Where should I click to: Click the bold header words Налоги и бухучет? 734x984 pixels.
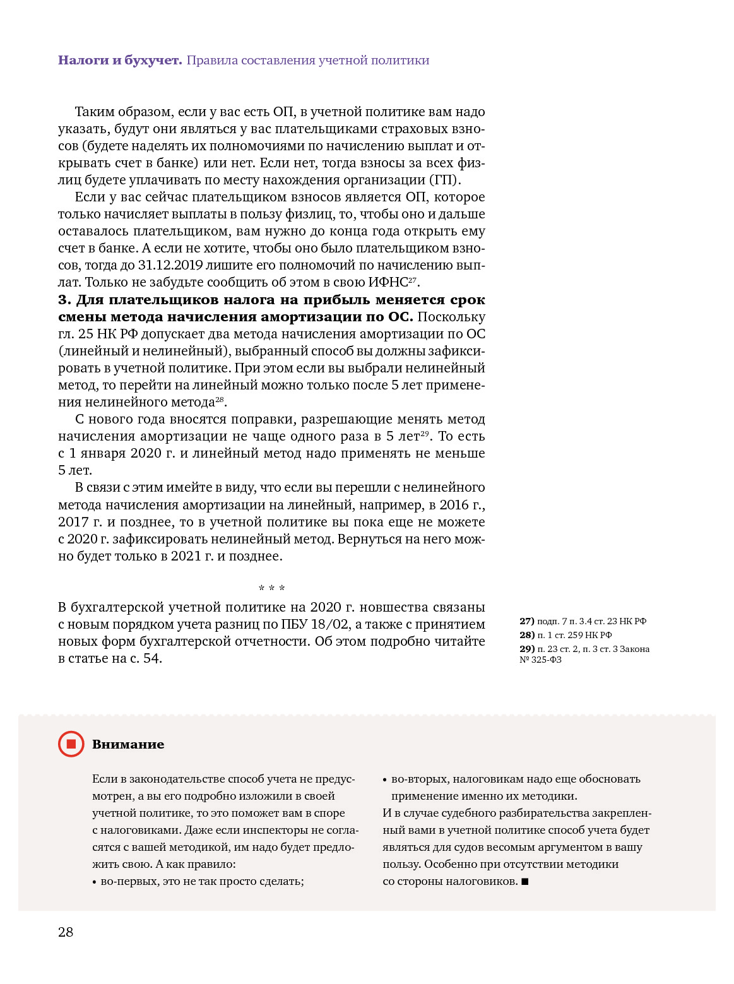pyautogui.click(x=120, y=61)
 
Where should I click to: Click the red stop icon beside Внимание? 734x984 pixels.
pyautogui.click(x=71, y=744)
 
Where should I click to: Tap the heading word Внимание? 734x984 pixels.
pyautogui.click(x=128, y=744)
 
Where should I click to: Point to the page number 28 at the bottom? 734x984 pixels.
pyautogui.click(x=66, y=932)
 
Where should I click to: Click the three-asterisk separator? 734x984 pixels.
pyautogui.click(x=272, y=589)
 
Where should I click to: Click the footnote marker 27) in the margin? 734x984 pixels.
pyautogui.click(x=526, y=621)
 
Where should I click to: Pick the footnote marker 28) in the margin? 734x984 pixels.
pyautogui.click(x=526, y=635)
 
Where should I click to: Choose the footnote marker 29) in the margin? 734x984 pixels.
pyautogui.click(x=526, y=649)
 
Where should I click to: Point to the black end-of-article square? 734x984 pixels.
pyautogui.click(x=525, y=881)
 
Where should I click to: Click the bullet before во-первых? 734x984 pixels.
pyautogui.click(x=95, y=882)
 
